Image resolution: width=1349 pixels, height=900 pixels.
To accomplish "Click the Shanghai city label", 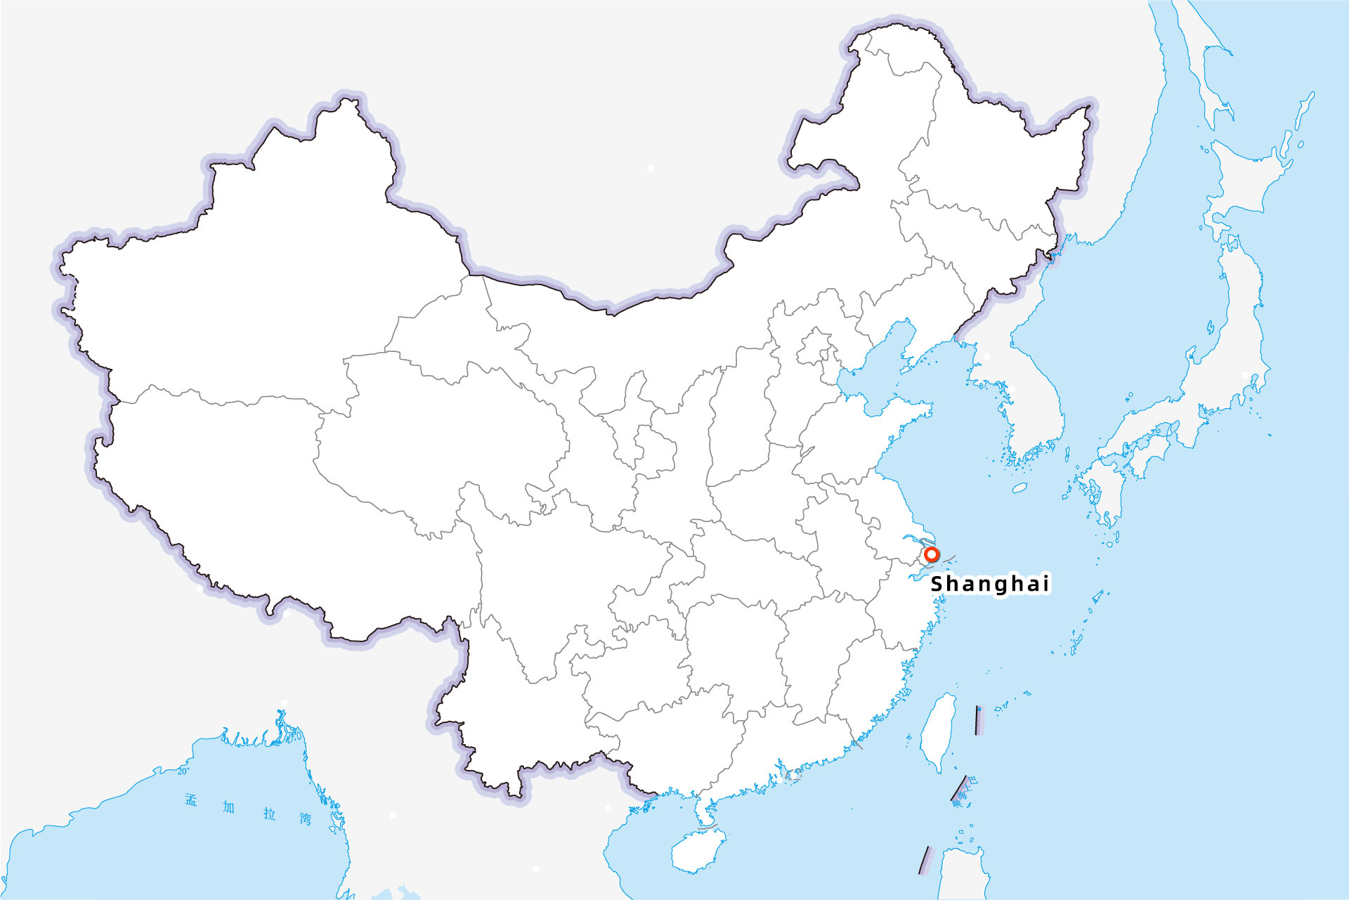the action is click(x=989, y=584).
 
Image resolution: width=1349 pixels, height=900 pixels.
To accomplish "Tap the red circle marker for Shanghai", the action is click(x=932, y=554).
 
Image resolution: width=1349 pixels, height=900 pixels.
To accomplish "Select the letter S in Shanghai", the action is click(x=937, y=584).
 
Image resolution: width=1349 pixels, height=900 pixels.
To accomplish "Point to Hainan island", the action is click(x=697, y=850).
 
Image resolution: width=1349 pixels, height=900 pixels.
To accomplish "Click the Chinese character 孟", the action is click(x=191, y=800).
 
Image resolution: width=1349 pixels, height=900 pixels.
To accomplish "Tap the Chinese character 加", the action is click(x=229, y=807).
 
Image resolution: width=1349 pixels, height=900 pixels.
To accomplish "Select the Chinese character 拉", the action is click(x=270, y=814).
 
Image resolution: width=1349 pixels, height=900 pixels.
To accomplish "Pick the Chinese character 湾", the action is click(x=305, y=819).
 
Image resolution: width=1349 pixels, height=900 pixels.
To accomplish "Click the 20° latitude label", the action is click(x=183, y=771).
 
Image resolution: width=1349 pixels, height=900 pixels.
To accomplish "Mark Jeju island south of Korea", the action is click(x=1019, y=487).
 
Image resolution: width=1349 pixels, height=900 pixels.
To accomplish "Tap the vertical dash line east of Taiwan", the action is click(x=978, y=720).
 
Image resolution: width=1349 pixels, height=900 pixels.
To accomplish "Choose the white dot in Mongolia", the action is click(x=651, y=169).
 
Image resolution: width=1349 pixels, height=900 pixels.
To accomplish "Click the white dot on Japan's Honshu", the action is click(x=1246, y=375).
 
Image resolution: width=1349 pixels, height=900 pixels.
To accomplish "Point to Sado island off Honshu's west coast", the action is click(x=1211, y=327).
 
